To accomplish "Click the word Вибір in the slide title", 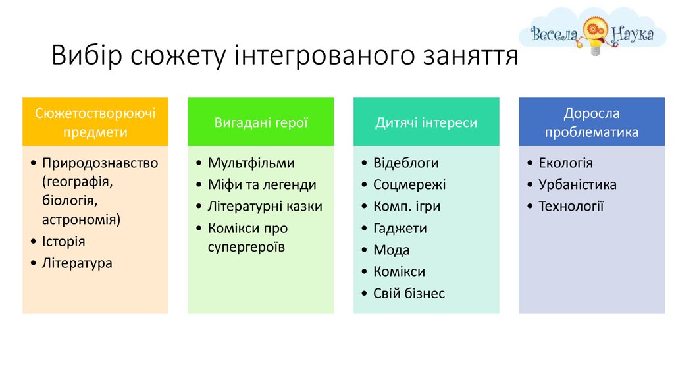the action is tap(87, 55).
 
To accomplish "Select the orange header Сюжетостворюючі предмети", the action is tap(95, 122).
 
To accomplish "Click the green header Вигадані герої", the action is tap(261, 122).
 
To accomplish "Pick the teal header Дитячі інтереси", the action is tap(427, 122).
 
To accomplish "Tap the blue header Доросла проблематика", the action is tap(592, 122).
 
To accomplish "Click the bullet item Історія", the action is tap(64, 241).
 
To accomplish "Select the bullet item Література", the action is tap(77, 263).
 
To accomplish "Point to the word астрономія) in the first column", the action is tap(81, 219).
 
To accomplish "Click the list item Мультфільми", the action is tap(251, 163).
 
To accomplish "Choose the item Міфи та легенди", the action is tap(262, 184).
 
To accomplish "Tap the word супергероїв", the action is tap(246, 247).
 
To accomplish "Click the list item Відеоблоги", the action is tap(405, 163).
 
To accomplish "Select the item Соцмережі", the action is tap(409, 184).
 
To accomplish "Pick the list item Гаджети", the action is tap(400, 229).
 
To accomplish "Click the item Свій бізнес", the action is tap(409, 293).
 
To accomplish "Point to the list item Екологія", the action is tap(565, 163).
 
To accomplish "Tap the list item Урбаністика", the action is tap(578, 184).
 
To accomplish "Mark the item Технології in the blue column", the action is tap(571, 206).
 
